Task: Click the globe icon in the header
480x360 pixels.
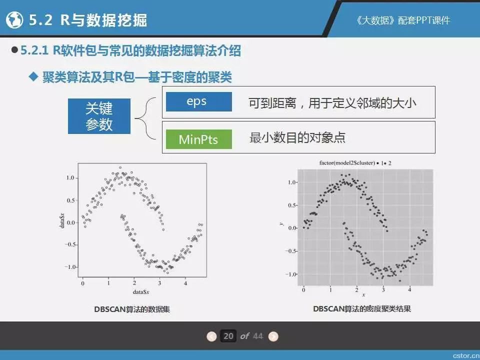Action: [x=14, y=20]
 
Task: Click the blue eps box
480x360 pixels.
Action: [x=198, y=101]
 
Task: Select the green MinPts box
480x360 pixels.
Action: [x=198, y=139]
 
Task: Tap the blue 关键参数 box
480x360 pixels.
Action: [x=99, y=116]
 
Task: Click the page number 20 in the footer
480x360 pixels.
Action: [x=228, y=336]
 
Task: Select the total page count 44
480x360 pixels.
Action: [x=258, y=336]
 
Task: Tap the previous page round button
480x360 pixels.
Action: [x=211, y=336]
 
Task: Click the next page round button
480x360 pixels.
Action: [x=273, y=336]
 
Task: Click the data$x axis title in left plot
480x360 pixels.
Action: [x=141, y=291]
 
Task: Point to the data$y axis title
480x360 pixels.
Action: [x=62, y=220]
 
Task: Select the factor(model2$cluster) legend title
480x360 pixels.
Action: [x=347, y=163]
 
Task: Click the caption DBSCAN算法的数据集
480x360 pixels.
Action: [x=132, y=309]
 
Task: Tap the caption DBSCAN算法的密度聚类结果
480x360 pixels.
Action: [x=362, y=308]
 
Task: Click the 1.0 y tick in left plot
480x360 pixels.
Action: [x=70, y=178]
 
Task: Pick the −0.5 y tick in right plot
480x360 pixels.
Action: [x=291, y=251]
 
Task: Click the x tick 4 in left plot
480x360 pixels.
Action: [x=185, y=283]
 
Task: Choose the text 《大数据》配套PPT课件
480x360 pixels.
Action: [x=403, y=20]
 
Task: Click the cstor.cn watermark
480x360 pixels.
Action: [x=466, y=355]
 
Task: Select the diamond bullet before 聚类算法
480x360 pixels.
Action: [x=33, y=77]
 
